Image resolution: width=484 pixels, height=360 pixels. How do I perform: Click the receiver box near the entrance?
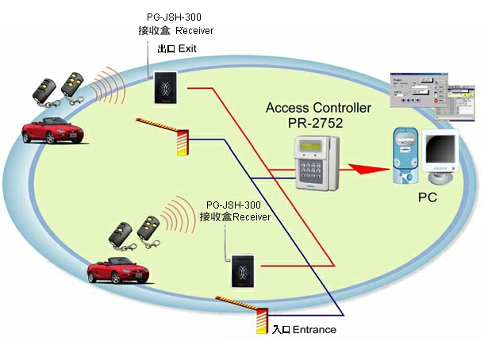pyautogui.click(x=242, y=272)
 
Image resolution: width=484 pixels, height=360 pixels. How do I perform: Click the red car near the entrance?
pyautogui.click(x=119, y=270)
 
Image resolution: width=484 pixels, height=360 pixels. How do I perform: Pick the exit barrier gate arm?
pyautogui.click(x=159, y=125)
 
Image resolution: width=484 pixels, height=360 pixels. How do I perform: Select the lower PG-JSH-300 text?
pyautogui.click(x=234, y=205)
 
